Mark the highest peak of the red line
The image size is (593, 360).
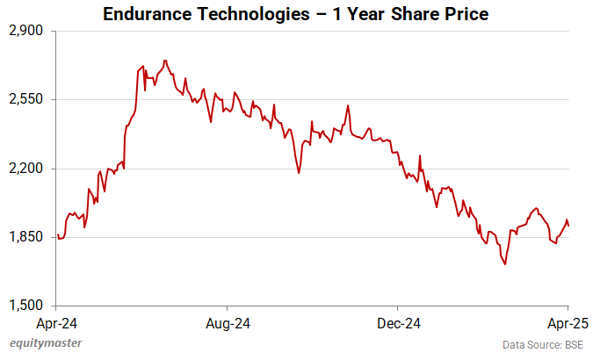[x=164, y=61]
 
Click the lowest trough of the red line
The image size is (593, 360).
[x=505, y=263]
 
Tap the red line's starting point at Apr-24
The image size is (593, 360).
[x=57, y=234]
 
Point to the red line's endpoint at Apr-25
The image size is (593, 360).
[x=568, y=227]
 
